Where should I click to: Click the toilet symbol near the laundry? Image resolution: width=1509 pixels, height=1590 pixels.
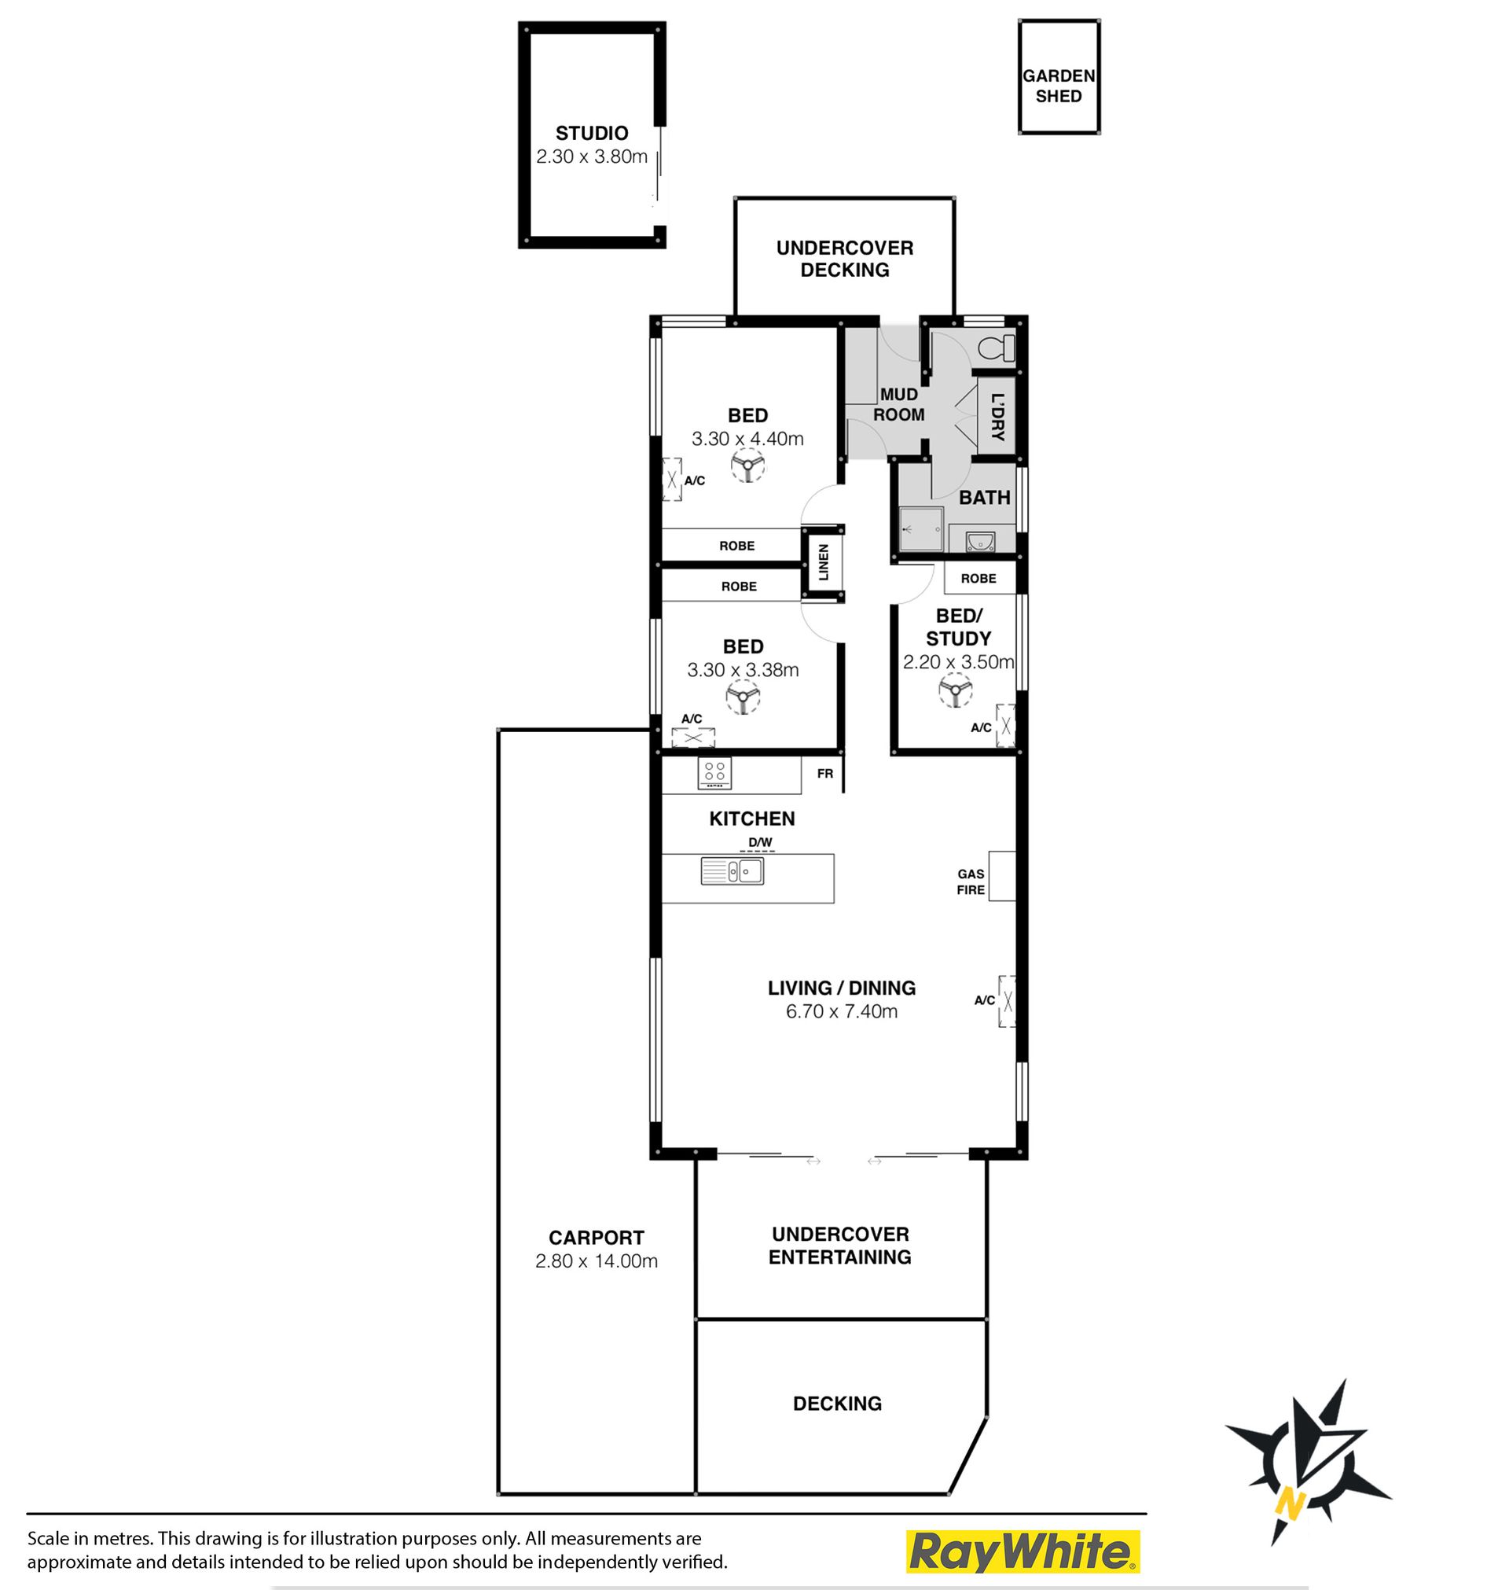pos(998,348)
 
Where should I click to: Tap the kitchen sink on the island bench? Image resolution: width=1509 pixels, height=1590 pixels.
pos(732,871)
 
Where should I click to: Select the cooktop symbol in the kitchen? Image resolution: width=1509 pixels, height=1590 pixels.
pos(714,773)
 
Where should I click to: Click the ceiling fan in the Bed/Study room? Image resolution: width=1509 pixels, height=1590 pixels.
pos(956,690)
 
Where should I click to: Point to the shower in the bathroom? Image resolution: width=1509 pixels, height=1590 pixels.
pos(921,528)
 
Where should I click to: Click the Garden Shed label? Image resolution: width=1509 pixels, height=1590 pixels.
pos(1059,86)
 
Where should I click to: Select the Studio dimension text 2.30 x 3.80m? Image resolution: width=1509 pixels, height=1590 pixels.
pos(592,157)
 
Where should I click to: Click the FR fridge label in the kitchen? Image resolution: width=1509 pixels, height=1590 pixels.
pos(825,773)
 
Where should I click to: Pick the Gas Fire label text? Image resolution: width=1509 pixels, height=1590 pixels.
pos(971,882)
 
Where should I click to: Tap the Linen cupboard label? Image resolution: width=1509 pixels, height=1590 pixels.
pos(824,562)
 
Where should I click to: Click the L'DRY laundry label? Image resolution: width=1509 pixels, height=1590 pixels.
pos(997,417)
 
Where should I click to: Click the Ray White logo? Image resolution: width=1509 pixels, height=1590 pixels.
pos(1023,1551)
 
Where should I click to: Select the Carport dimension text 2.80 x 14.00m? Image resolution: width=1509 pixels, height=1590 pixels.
pos(597,1261)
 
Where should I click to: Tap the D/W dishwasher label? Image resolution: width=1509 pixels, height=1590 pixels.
pos(760,842)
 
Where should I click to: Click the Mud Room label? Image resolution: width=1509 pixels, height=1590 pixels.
pos(899,405)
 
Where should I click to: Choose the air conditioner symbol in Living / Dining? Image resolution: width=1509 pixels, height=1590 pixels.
pos(1007,1001)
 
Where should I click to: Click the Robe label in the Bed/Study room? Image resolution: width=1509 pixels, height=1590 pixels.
pos(978,579)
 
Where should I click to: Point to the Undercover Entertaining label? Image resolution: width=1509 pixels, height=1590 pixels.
pos(841,1246)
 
